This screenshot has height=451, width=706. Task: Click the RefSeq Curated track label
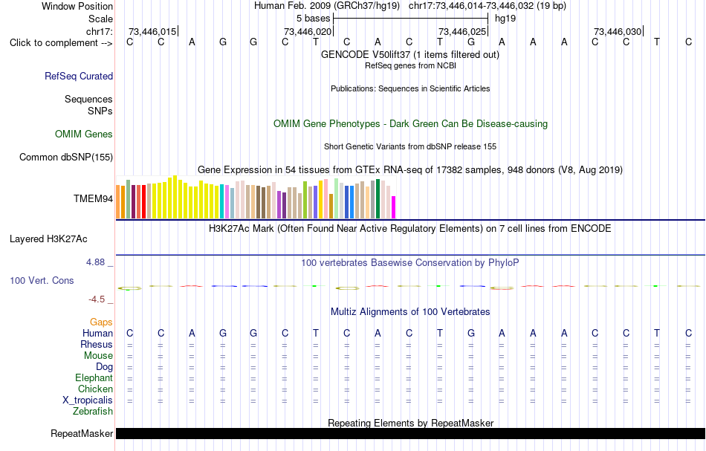tap(79, 76)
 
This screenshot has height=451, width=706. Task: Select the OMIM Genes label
tap(84, 134)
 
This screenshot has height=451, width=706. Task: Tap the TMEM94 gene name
tap(93, 199)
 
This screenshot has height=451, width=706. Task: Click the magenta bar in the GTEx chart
tap(394, 207)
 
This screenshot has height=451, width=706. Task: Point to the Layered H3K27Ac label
tap(48, 239)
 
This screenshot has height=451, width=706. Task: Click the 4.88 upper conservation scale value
tap(95, 262)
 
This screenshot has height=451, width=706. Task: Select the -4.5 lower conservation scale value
tap(97, 299)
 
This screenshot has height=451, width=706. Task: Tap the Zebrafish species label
tap(93, 412)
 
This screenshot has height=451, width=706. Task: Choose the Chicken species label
tap(95, 389)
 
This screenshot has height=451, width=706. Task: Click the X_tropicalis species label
tap(88, 400)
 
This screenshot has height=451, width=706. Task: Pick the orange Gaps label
tap(101, 322)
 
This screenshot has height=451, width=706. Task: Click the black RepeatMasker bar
tap(410, 433)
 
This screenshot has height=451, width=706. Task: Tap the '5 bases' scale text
tap(314, 19)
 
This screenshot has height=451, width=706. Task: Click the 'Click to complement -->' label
tap(61, 43)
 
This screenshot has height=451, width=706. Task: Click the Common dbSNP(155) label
tap(66, 157)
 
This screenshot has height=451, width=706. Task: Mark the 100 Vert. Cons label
tap(42, 280)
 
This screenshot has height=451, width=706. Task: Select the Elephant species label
tap(94, 377)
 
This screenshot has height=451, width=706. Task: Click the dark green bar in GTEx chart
tap(378, 199)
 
